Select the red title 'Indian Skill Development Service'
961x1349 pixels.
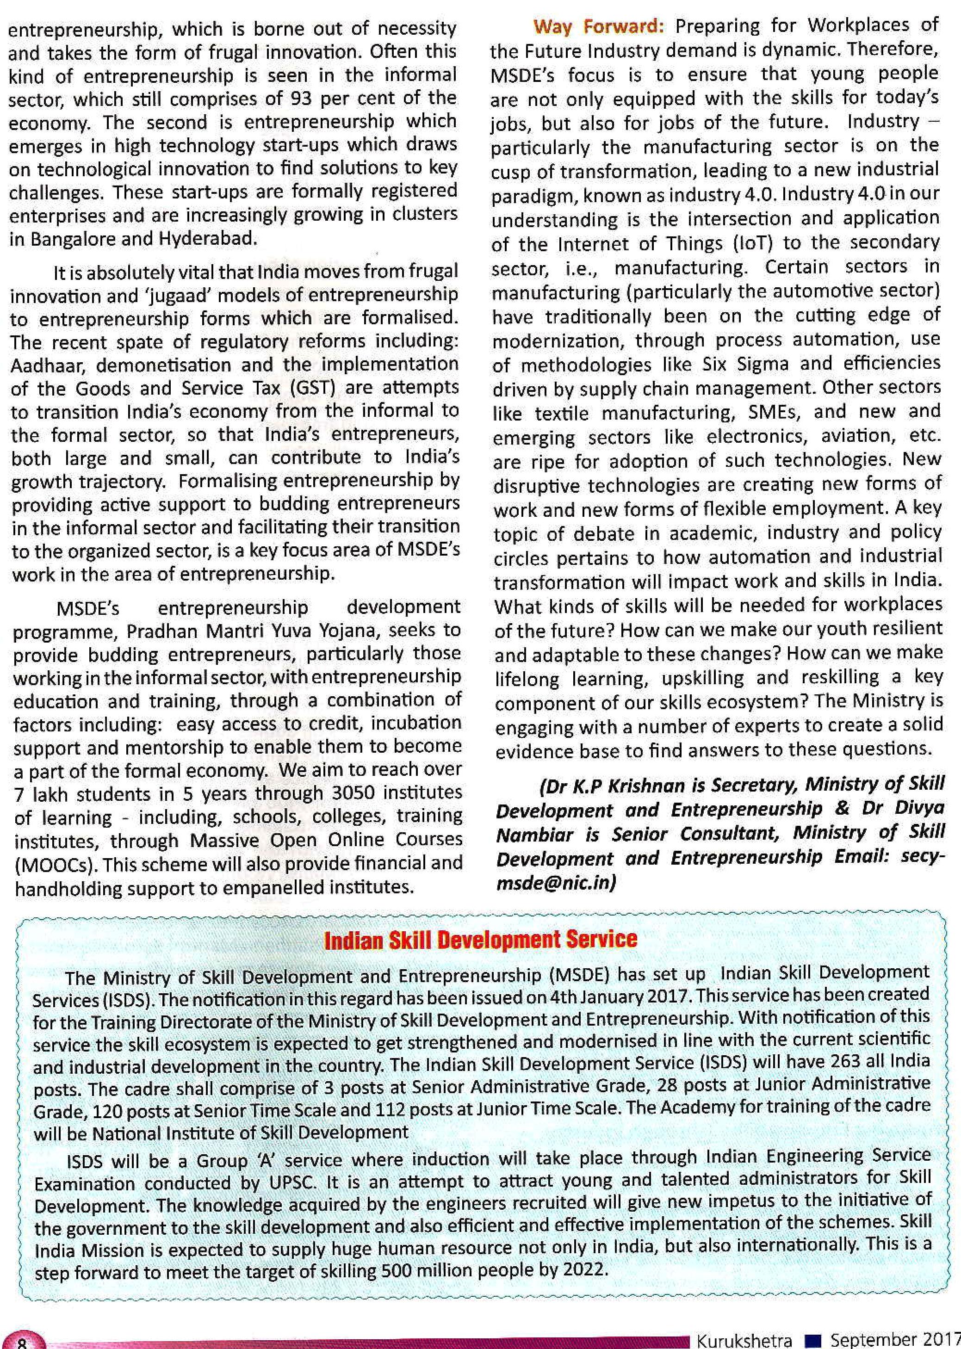pyautogui.click(x=480, y=940)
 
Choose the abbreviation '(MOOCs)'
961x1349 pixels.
pyautogui.click(x=56, y=865)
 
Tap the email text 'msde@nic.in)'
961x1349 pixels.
pyautogui.click(x=556, y=883)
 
